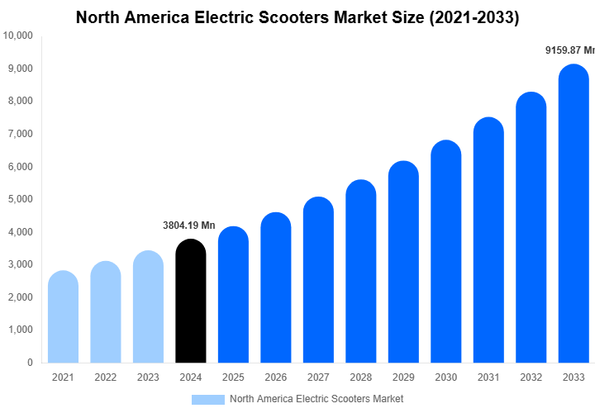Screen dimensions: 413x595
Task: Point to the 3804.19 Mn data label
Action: pyautogui.click(x=188, y=225)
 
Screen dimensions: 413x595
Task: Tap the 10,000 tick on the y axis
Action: pyautogui.click(x=18, y=36)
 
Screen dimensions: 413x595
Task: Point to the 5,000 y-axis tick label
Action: pyautogui.click(x=21, y=199)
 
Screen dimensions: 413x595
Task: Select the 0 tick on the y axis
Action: pyautogui.click(x=30, y=363)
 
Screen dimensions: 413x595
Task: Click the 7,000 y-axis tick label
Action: pyautogui.click(x=21, y=134)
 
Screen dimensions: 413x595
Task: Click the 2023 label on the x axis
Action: pyautogui.click(x=148, y=377)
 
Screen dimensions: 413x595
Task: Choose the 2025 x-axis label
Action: pyautogui.click(x=233, y=377)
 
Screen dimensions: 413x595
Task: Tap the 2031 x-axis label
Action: pyautogui.click(x=488, y=377)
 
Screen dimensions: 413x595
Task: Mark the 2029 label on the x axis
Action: pyautogui.click(x=403, y=377)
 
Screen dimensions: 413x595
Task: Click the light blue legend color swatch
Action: pyautogui.click(x=207, y=400)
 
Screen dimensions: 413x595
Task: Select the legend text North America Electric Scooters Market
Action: pyautogui.click(x=317, y=400)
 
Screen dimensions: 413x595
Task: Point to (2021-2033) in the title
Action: pyautogui.click(x=474, y=17)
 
